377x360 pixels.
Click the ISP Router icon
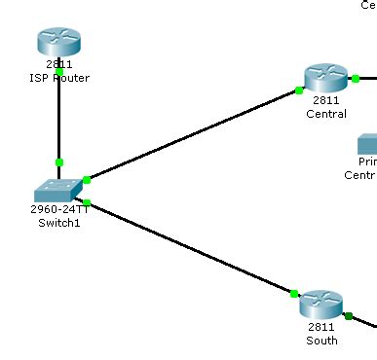[58, 42]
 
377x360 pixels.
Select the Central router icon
[325, 78]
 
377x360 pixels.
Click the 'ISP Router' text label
[58, 78]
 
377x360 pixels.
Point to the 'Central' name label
[325, 114]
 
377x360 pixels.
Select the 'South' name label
[321, 341]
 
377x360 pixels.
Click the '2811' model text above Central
[325, 101]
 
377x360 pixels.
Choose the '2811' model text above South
[321, 328]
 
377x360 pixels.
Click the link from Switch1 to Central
[195, 134]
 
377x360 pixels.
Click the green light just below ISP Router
[58, 72]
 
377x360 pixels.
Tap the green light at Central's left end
[299, 90]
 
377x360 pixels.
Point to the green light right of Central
[356, 78]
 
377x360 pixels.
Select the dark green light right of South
[347, 315]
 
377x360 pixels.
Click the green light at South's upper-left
[293, 292]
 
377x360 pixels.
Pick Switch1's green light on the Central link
[87, 179]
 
